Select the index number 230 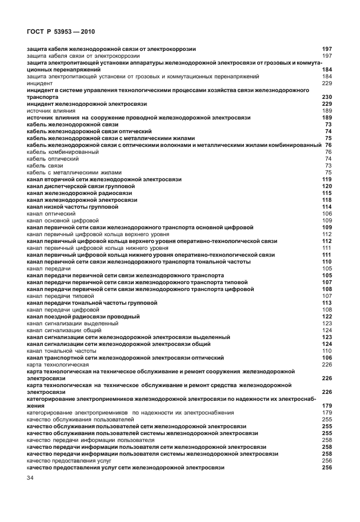tap(327, 97)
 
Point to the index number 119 tap(327, 180)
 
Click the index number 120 tap(327, 186)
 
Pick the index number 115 tap(327, 193)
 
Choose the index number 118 tap(327, 200)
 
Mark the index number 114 tap(327, 207)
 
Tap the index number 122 tap(327, 317)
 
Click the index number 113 tap(327, 303)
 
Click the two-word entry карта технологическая tap(58, 365)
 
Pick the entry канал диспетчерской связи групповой tap(81, 186)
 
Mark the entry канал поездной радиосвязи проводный tap(83, 317)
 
